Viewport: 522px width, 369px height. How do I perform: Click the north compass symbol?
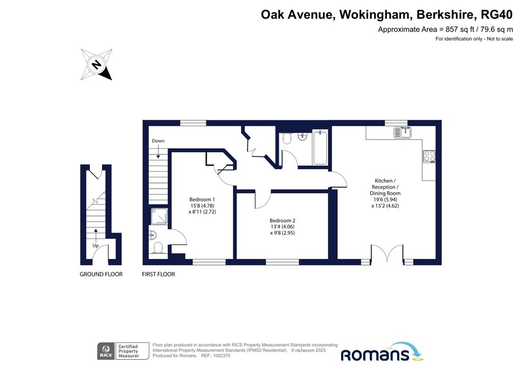(96, 65)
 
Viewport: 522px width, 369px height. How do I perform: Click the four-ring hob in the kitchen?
(429, 156)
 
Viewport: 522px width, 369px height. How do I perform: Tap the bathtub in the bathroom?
(320, 148)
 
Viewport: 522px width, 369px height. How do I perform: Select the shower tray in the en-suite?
(160, 217)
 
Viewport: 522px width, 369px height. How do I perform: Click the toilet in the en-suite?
(158, 248)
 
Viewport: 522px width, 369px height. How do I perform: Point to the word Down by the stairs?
(158, 141)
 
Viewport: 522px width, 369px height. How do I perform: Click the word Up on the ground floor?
(95, 245)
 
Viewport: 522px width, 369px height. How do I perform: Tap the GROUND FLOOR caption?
(101, 274)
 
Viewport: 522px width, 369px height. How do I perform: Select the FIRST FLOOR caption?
(159, 274)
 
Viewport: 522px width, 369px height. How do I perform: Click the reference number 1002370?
(241, 357)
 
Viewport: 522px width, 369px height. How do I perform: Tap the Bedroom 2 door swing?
(262, 200)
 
